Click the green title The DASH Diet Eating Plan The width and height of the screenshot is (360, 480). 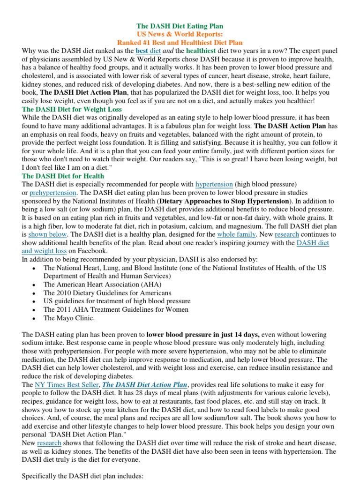click(x=180, y=26)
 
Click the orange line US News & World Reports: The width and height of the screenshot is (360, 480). click(x=180, y=34)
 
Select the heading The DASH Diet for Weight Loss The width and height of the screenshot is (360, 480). click(x=72, y=109)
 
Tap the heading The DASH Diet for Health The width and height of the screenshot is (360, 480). click(x=63, y=176)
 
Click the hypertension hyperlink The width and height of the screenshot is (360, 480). click(x=214, y=184)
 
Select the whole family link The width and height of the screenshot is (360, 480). click(x=237, y=234)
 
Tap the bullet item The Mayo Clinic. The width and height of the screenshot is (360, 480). click(x=69, y=318)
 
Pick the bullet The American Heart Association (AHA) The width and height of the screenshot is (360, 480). click(x=102, y=284)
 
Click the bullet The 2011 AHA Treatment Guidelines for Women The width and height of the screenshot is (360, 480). click(x=116, y=309)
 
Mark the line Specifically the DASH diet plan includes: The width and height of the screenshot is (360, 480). click(x=82, y=476)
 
